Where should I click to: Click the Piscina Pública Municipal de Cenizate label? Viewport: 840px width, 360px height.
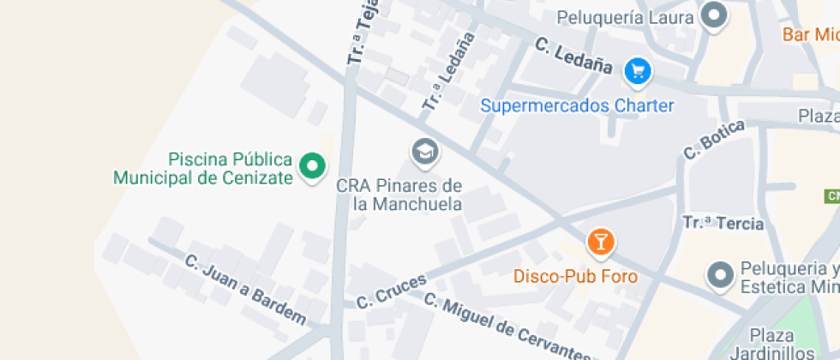202,169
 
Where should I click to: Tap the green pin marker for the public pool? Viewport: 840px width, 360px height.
312,165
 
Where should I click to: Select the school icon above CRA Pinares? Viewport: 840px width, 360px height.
423,153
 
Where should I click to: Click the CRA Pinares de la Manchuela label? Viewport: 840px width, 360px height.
399,195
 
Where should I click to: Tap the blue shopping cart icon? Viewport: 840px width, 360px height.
637,70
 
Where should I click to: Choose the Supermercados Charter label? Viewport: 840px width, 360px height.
577,106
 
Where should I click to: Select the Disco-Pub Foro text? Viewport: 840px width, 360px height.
575,277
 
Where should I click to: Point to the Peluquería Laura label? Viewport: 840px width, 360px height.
623,16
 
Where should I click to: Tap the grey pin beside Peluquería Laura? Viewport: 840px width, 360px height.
713,15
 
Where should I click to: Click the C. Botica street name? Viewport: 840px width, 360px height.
714,140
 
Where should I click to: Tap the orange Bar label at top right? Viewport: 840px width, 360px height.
810,35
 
